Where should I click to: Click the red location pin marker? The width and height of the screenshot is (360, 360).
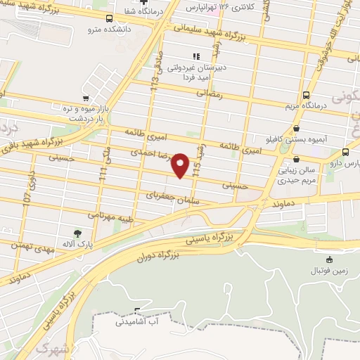tap(181, 165)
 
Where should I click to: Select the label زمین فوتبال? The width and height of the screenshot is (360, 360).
tap(328, 271)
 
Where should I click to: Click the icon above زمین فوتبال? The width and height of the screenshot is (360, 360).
tap(329, 259)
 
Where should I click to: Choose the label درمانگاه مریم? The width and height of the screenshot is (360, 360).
tap(306, 106)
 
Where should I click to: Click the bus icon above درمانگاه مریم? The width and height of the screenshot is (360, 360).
tap(306, 95)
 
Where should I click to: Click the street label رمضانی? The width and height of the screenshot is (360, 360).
tap(210, 92)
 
